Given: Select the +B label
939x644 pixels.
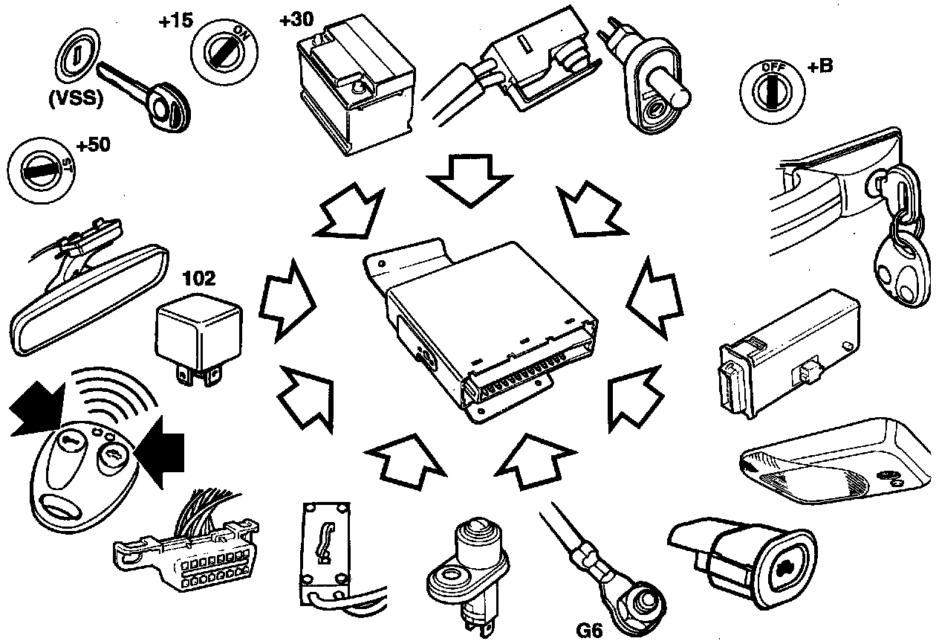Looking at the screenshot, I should pos(820,65).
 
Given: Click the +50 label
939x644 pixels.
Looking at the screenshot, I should pos(93,144).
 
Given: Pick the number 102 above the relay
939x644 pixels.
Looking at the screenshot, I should pos(199,279).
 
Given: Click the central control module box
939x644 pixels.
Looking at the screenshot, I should pos(483,320).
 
